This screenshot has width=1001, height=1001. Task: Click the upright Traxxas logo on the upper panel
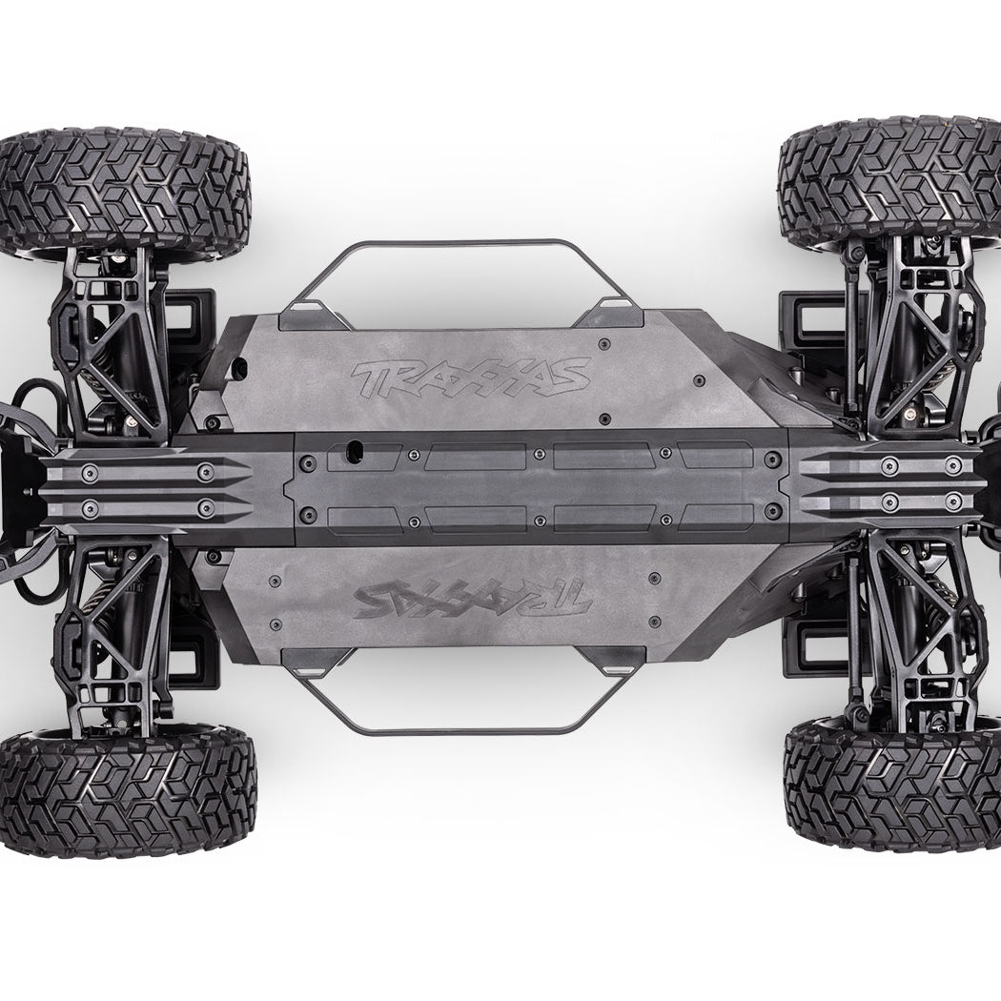point(472,378)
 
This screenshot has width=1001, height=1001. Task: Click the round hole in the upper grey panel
point(242,368)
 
